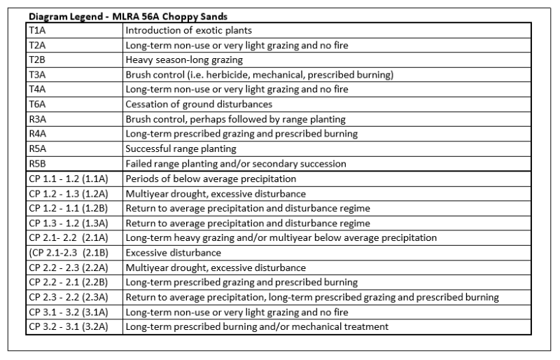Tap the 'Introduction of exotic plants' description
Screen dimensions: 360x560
click(x=188, y=30)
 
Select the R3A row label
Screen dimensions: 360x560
click(x=36, y=119)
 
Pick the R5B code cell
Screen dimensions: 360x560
click(x=36, y=163)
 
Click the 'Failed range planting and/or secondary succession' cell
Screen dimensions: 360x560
click(x=236, y=163)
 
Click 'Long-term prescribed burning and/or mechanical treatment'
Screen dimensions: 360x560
click(x=255, y=326)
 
